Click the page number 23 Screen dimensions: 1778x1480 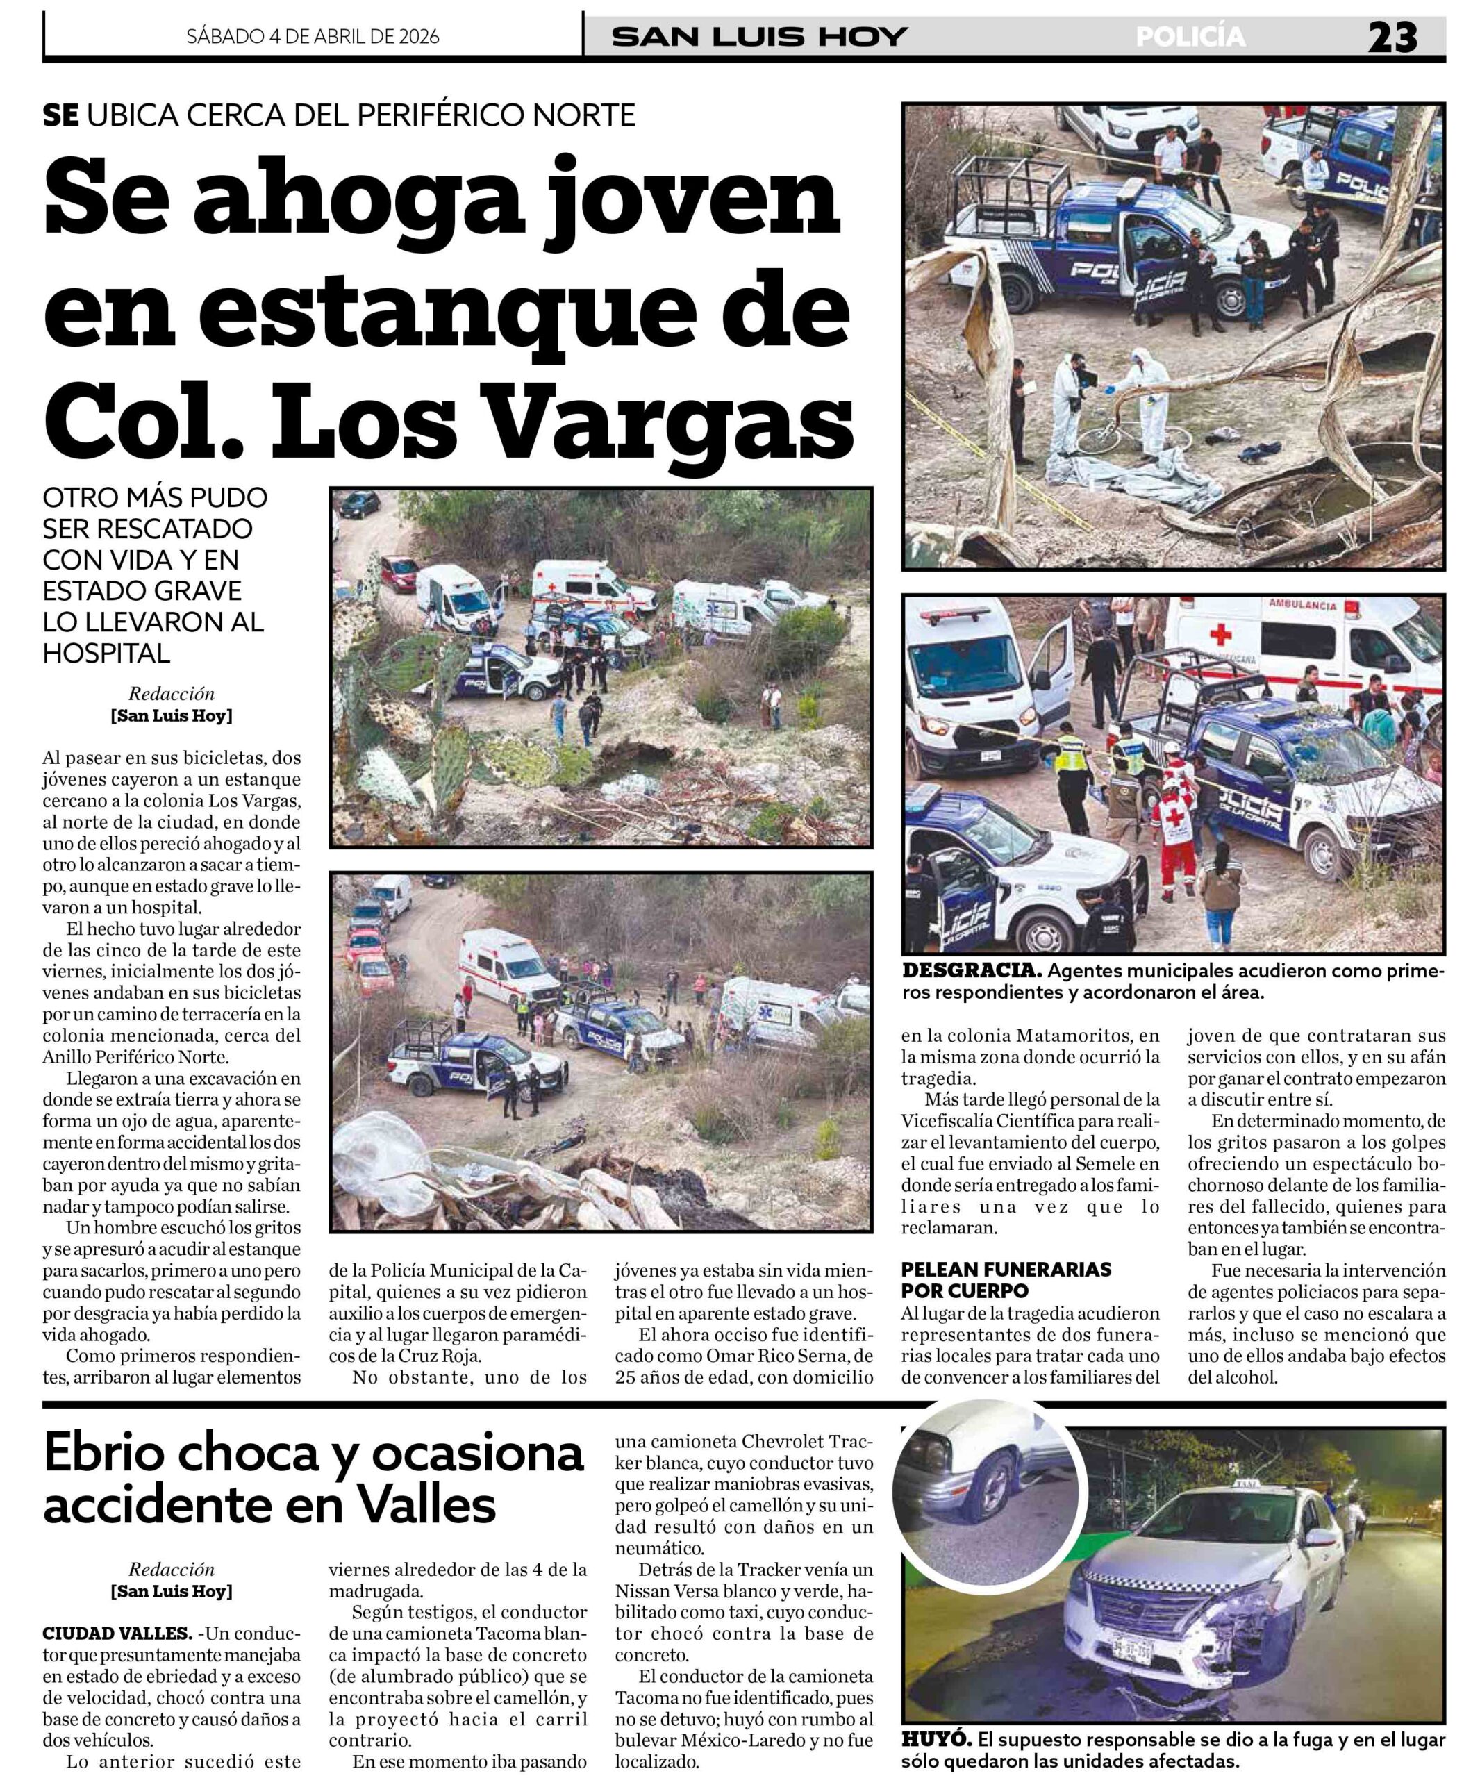point(1392,38)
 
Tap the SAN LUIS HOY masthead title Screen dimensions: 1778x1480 point(760,38)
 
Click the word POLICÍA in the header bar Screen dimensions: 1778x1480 point(1190,38)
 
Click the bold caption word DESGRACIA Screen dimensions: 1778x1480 point(969,970)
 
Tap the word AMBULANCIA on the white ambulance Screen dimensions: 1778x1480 point(1302,606)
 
